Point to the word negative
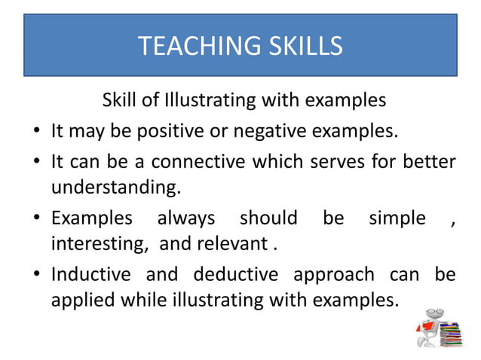(x=268, y=132)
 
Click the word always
(x=185, y=218)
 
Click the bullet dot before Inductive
(x=37, y=276)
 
